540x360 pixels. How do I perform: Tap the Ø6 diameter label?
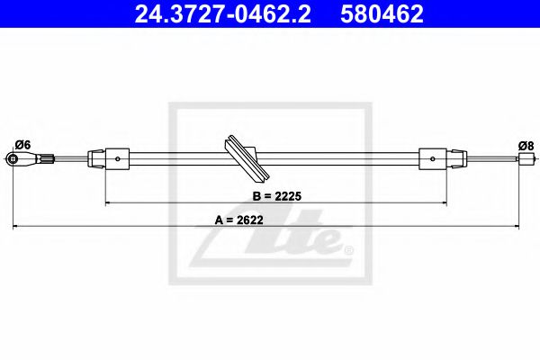point(23,145)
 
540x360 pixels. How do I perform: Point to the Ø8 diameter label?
point(526,145)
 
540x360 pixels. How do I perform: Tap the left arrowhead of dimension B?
point(109,203)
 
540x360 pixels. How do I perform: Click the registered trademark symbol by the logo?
point(349,249)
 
